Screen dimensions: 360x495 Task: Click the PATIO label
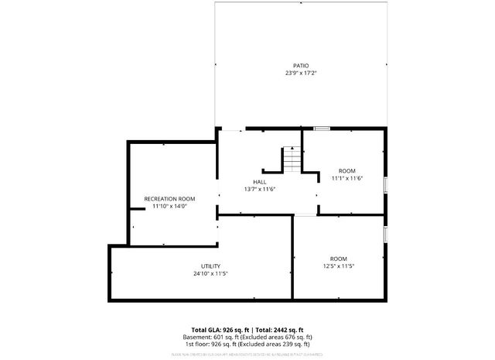tap(301, 66)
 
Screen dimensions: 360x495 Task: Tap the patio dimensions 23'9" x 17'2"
tap(301, 74)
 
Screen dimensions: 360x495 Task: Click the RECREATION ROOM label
tap(169, 199)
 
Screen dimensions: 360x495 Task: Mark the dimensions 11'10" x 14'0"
tap(169, 207)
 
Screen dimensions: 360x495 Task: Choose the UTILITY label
tap(210, 266)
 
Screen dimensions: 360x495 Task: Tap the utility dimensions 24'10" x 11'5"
tap(210, 273)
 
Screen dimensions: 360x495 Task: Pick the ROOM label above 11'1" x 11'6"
tap(347, 170)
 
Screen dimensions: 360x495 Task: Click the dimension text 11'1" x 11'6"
tap(347, 178)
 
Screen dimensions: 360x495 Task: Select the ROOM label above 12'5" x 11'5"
tap(339, 259)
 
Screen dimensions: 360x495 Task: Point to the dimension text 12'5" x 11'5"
tap(339, 266)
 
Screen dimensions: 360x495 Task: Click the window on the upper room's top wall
tap(322, 129)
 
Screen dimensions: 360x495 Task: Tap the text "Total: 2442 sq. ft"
tap(279, 330)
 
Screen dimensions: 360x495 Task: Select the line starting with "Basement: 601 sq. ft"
tap(247, 337)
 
